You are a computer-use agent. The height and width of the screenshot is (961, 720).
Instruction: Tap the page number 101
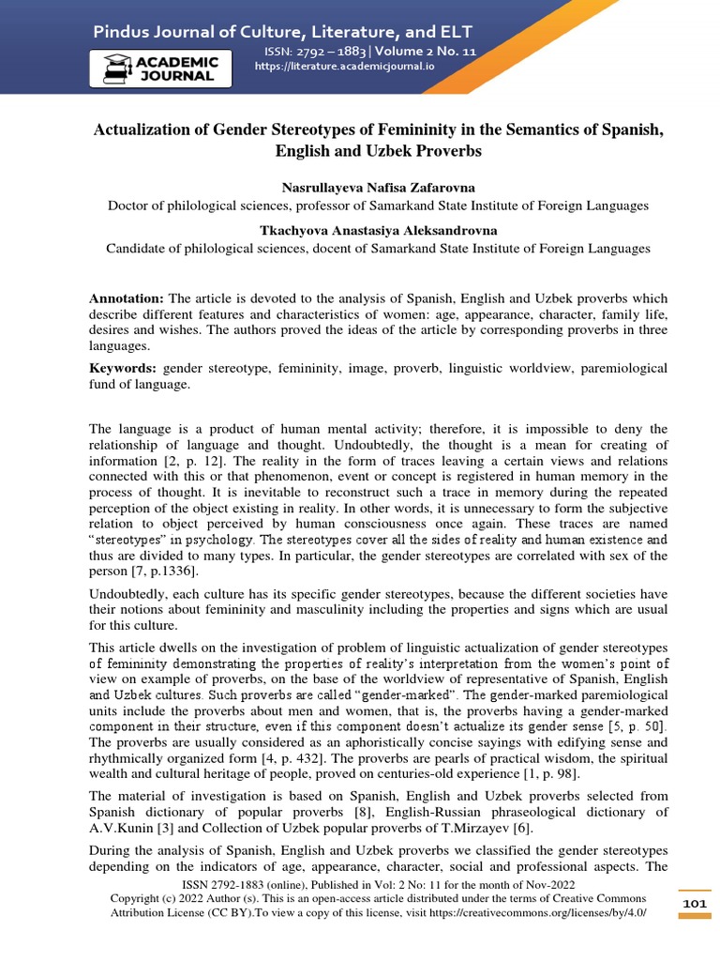coord(694,903)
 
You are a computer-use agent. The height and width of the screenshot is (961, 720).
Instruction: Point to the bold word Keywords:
coord(124,369)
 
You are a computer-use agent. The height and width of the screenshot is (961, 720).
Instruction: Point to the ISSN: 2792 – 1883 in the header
coord(308,53)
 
